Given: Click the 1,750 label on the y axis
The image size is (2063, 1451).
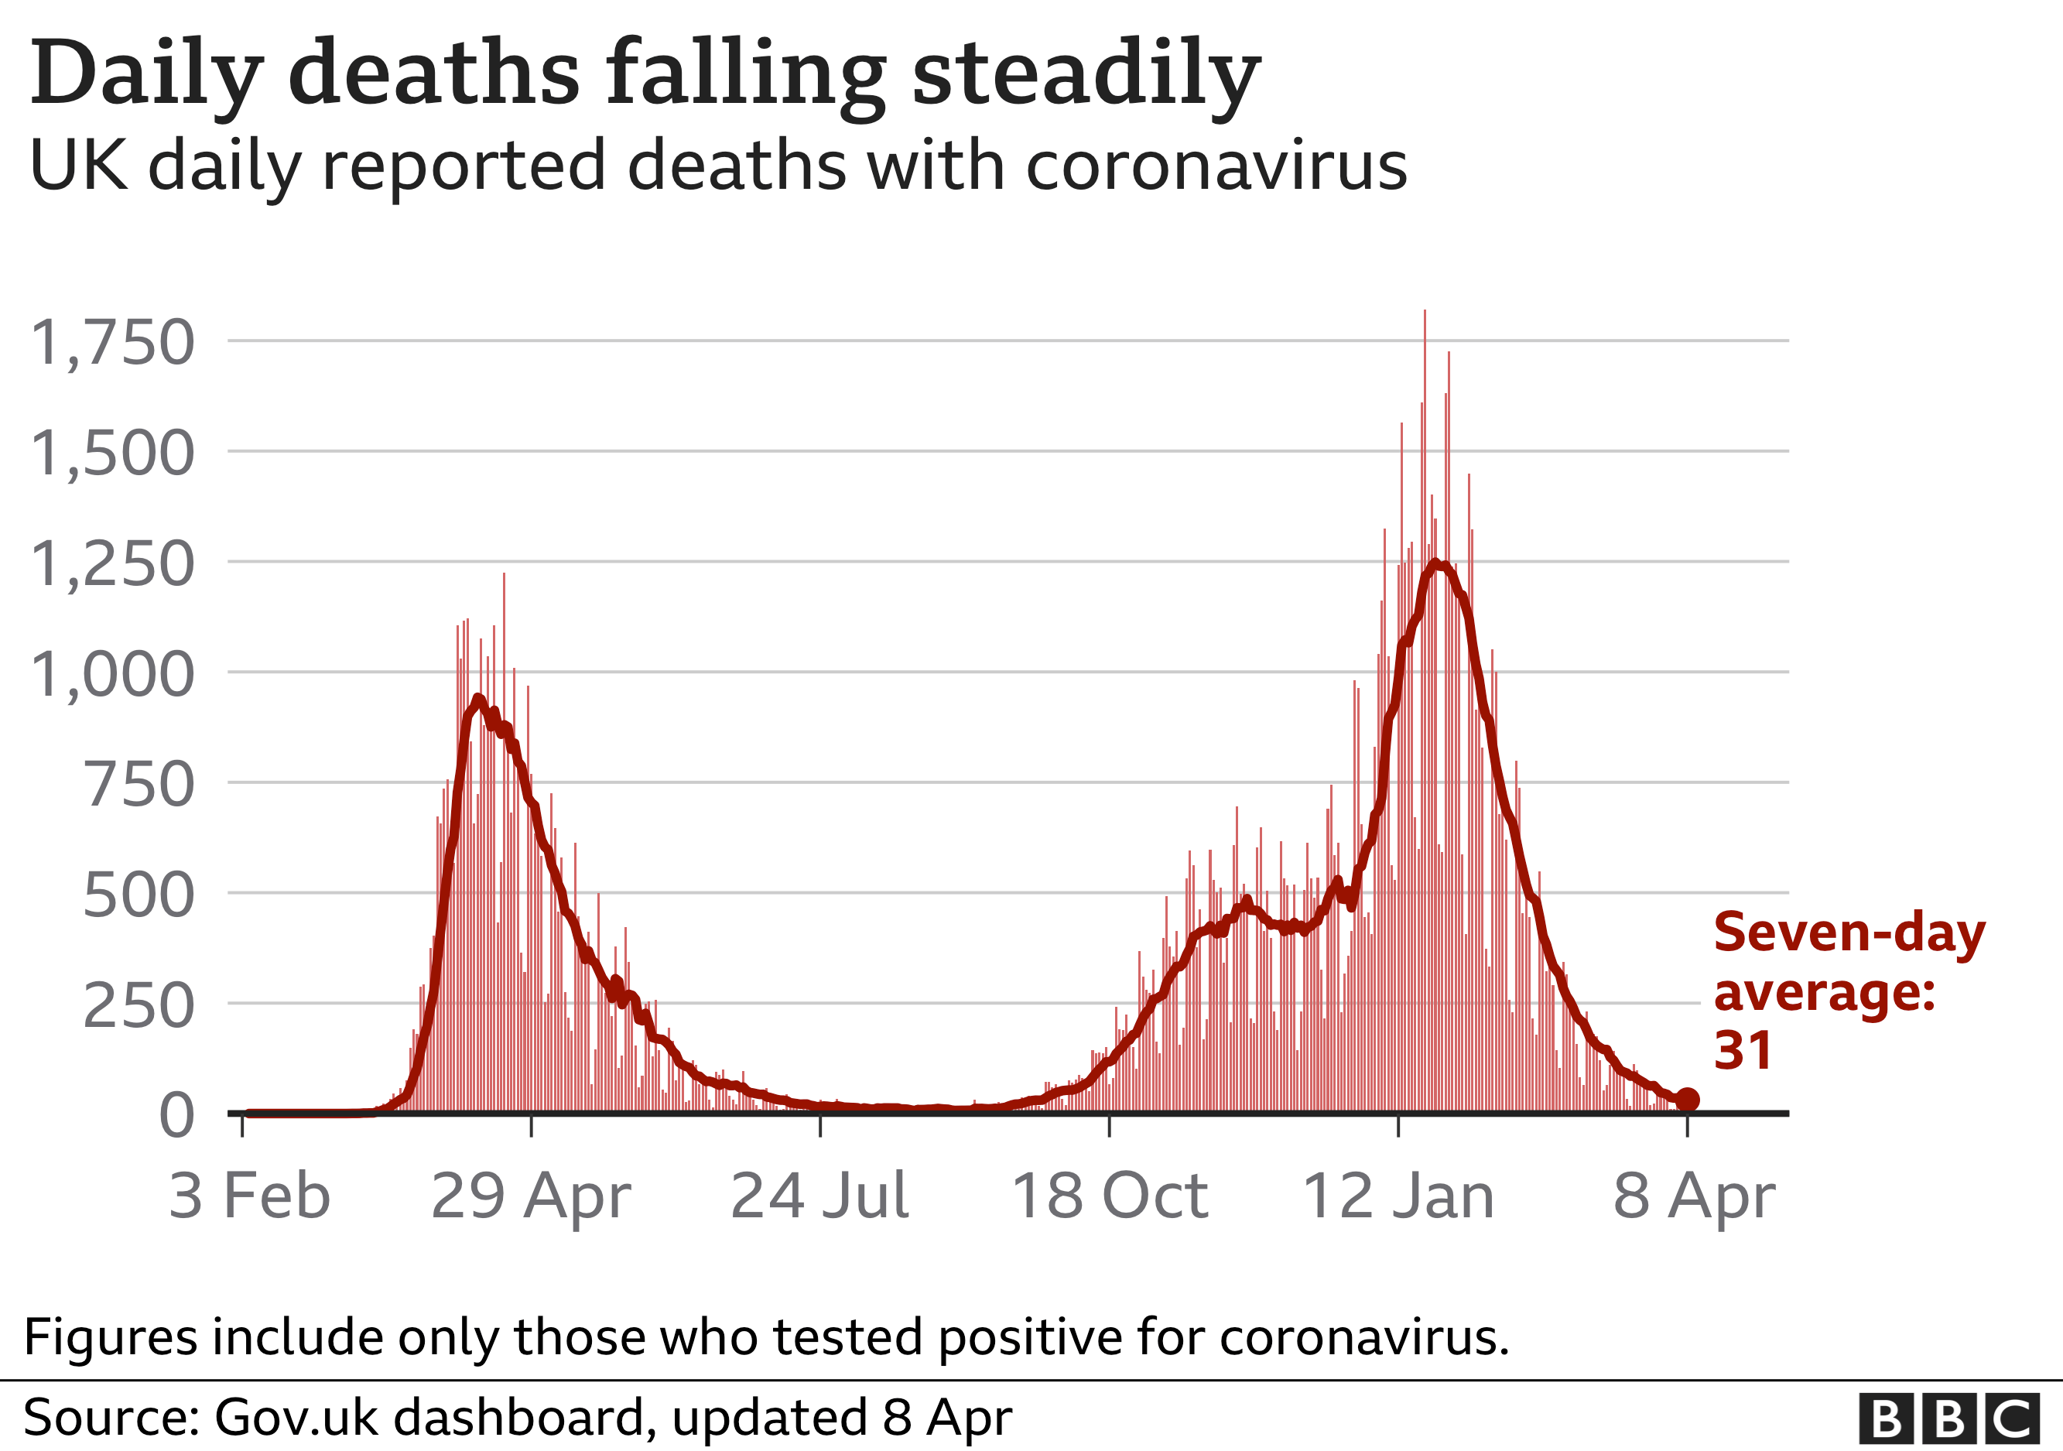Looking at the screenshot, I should point(112,342).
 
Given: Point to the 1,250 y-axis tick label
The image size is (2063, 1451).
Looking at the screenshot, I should point(112,564).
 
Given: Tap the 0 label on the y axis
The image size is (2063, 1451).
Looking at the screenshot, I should point(176,1116).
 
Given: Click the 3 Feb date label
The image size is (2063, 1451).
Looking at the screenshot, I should point(249,1196).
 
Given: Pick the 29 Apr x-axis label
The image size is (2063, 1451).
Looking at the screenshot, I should point(531,1196).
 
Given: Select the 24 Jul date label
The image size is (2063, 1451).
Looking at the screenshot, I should point(819,1196).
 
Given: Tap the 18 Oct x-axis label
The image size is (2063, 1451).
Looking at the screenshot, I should point(1110,1196).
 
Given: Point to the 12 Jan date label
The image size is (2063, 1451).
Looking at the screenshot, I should point(1398,1196).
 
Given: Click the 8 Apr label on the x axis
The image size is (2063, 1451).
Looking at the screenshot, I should point(1694,1196).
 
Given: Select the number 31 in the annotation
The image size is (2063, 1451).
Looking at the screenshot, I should point(1743,1050).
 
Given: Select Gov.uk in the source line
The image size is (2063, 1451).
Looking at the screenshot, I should point(289,1418).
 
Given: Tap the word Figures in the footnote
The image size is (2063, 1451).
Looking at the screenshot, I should point(110,1337).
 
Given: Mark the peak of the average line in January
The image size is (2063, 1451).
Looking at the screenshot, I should point(1436,564).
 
